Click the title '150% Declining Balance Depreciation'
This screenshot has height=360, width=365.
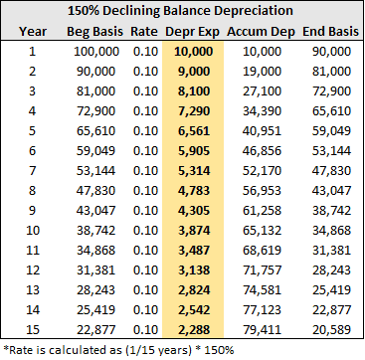pyautogui.click(x=180, y=11)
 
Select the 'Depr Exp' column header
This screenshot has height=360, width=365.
pyautogui.click(x=192, y=32)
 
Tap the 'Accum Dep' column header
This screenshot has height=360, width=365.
pyautogui.click(x=261, y=32)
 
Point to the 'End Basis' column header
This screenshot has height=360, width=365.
pyautogui.click(x=330, y=32)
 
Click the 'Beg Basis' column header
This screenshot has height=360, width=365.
pyautogui.click(x=94, y=32)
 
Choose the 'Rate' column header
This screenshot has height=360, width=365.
pyautogui.click(x=144, y=32)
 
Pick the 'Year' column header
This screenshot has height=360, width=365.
pyautogui.click(x=33, y=32)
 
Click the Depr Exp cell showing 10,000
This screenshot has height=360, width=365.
pyautogui.click(x=193, y=52)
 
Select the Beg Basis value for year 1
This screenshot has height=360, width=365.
pyautogui.click(x=96, y=52)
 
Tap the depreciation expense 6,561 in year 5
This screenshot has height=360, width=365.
pyautogui.click(x=195, y=131)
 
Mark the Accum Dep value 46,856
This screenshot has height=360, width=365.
pyautogui.click(x=262, y=151)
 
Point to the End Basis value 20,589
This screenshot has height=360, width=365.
pyautogui.click(x=331, y=330)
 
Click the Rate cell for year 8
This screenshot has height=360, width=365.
pyautogui.click(x=145, y=191)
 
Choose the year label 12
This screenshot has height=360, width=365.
pyautogui.click(x=33, y=270)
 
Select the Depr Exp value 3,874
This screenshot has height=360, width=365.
pyautogui.click(x=195, y=231)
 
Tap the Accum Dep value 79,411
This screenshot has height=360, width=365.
pyautogui.click(x=262, y=330)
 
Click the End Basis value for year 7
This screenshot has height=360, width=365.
pyautogui.click(x=331, y=171)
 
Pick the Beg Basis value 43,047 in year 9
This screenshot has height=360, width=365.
pyautogui.click(x=96, y=211)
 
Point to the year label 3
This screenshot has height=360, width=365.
pyautogui.click(x=32, y=91)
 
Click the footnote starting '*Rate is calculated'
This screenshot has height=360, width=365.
pyautogui.click(x=118, y=350)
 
